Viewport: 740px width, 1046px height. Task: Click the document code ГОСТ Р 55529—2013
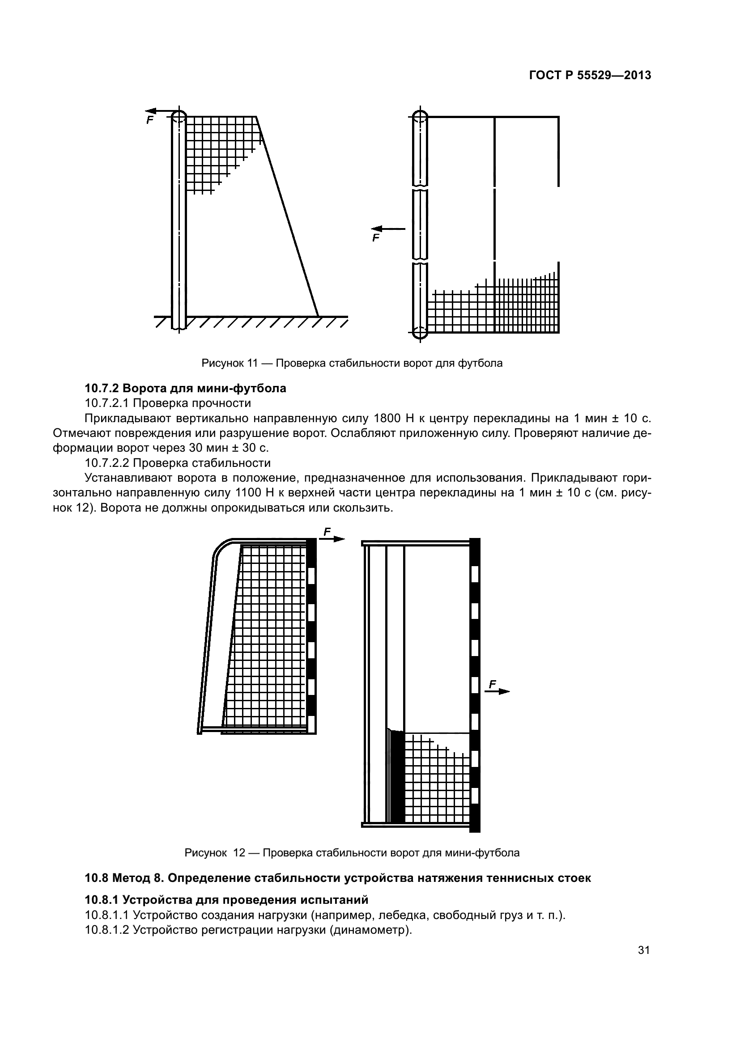tap(590, 76)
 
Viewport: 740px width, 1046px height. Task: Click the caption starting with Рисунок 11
tap(352, 364)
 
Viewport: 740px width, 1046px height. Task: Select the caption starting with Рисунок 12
tap(352, 853)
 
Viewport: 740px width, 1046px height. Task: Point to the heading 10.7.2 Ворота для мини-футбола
tap(186, 388)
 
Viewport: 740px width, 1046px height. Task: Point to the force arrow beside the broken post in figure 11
tap(388, 229)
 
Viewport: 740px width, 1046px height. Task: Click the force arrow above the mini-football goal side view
tap(332, 539)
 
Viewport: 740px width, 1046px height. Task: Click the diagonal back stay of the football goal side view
tap(288, 216)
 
